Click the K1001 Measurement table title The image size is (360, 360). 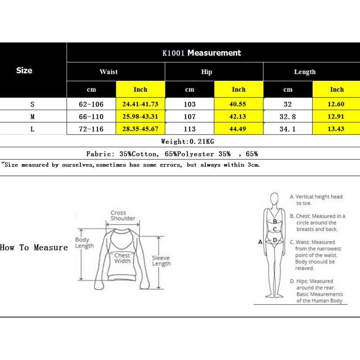[x=201, y=53]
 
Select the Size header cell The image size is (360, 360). [x=24, y=70]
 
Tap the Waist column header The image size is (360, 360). [x=109, y=72]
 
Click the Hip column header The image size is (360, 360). [x=206, y=72]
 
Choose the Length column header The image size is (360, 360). [x=305, y=72]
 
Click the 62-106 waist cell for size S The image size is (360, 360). [x=91, y=104]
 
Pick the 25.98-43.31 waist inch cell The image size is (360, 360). [x=140, y=117]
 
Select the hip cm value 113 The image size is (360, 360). [x=190, y=129]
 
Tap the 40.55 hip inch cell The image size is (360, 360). [x=238, y=104]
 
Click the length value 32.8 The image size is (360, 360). [x=288, y=117]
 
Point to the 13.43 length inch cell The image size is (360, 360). [x=336, y=129]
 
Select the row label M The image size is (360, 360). [x=33, y=117]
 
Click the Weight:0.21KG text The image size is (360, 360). [x=187, y=141]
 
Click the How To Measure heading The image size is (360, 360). [x=34, y=247]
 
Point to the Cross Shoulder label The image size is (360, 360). [x=123, y=215]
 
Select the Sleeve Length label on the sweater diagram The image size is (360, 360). [x=161, y=261]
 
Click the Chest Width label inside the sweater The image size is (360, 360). [x=122, y=258]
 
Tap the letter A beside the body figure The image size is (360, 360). [x=260, y=242]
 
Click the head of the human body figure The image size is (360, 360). [x=275, y=199]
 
